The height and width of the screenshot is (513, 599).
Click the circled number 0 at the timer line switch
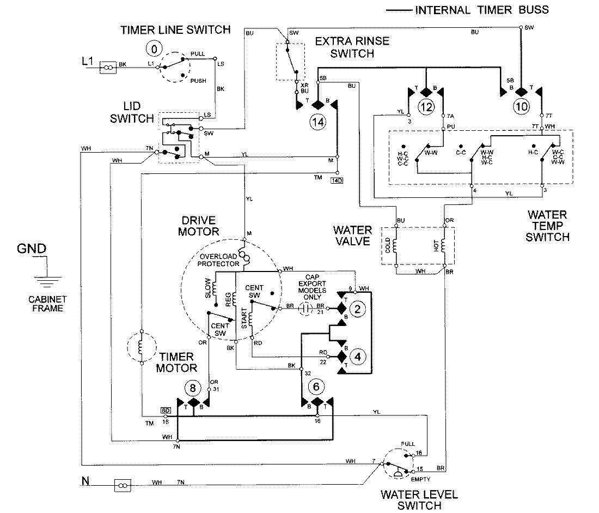pos(154,50)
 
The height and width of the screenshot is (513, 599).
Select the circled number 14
pos(318,123)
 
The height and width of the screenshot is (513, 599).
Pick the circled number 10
pos(521,107)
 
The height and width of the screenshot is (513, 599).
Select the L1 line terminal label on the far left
pos(88,63)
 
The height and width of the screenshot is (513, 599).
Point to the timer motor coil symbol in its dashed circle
pos(141,347)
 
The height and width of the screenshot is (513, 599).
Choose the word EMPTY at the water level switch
pos(421,479)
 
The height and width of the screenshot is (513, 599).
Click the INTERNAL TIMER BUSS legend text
pos(482,10)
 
